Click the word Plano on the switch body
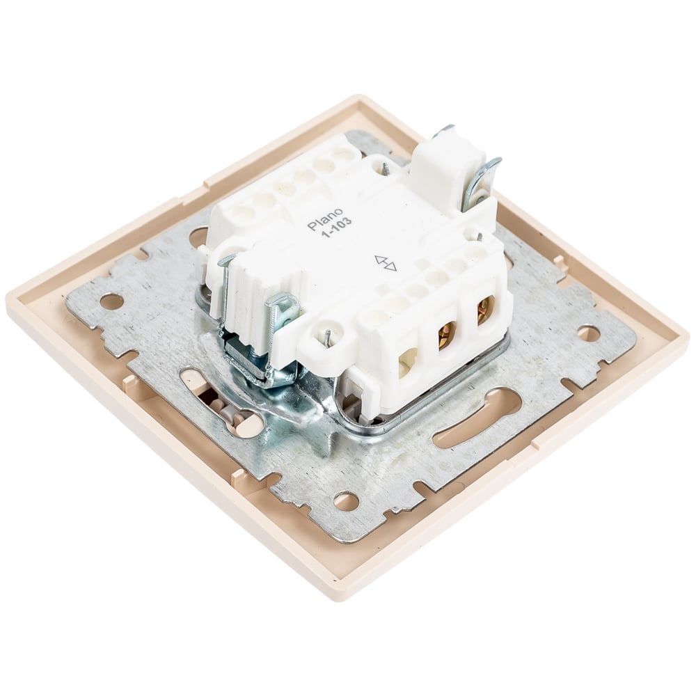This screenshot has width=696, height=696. point(325,219)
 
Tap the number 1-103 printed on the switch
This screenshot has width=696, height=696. point(336,228)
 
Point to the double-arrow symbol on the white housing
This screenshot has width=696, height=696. point(386,263)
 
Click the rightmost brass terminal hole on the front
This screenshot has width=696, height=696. point(486,310)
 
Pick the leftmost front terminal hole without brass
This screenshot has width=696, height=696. point(407,361)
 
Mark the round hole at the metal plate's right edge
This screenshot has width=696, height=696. point(588,333)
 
